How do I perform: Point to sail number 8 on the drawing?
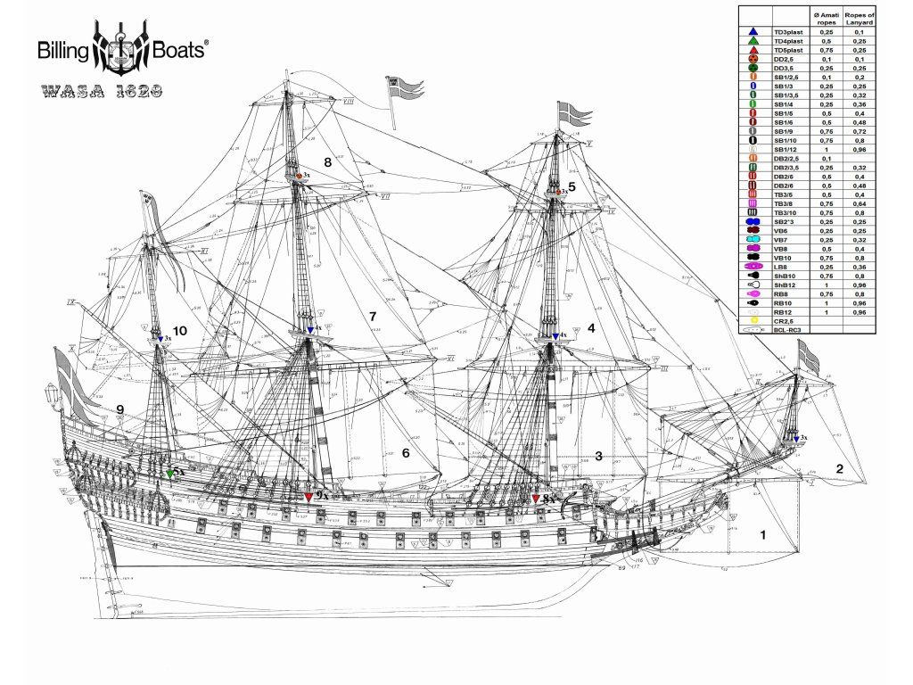328,162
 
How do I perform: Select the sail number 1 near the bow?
762,535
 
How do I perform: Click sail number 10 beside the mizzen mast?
180,331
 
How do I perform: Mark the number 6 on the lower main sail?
406,453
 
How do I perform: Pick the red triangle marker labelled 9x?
308,496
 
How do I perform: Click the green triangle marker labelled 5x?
169,474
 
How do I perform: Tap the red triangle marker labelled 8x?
536,499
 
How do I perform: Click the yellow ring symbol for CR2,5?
753,321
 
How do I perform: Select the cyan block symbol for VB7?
753,240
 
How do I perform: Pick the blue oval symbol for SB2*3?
753,221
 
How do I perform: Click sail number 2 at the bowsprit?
839,468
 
